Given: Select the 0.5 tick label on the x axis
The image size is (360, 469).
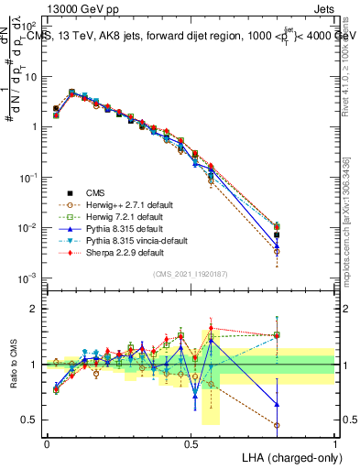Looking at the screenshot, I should pyautogui.click(x=191, y=442).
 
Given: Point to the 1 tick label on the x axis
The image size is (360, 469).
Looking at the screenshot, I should pyautogui.click(x=334, y=442).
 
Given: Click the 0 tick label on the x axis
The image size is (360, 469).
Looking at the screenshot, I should pyautogui.click(x=47, y=442).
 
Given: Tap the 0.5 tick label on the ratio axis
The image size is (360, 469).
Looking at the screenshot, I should pyautogui.click(x=27, y=420).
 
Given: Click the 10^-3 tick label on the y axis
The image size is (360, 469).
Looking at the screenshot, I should pyautogui.click(x=26, y=278).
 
